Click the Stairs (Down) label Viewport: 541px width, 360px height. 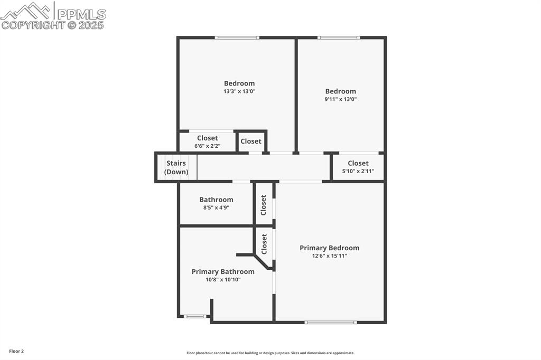point(176,167)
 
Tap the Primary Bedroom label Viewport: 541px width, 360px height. point(329,248)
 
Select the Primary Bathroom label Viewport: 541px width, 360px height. point(223,271)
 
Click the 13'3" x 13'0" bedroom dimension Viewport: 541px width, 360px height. point(239,91)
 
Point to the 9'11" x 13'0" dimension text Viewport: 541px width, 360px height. point(341,99)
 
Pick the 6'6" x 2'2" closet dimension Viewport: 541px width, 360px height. point(208,146)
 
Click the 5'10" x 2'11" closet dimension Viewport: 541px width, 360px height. point(358,171)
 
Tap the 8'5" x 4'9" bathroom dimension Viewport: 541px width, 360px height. point(216,207)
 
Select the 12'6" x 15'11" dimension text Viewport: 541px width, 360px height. point(329,256)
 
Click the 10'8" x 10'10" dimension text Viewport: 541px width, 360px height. point(223,280)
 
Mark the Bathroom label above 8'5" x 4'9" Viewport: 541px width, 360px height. point(216,200)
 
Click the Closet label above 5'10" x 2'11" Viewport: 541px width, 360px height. point(358,163)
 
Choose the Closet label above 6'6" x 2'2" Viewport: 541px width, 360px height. point(208,138)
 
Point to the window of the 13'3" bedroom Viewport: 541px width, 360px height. point(237,37)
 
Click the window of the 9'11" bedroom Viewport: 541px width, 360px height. point(339,37)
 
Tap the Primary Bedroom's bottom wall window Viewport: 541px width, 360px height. point(331,321)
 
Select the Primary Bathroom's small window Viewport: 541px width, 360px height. point(194,316)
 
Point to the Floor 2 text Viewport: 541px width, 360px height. point(16,351)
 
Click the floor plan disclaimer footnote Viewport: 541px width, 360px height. point(270,353)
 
